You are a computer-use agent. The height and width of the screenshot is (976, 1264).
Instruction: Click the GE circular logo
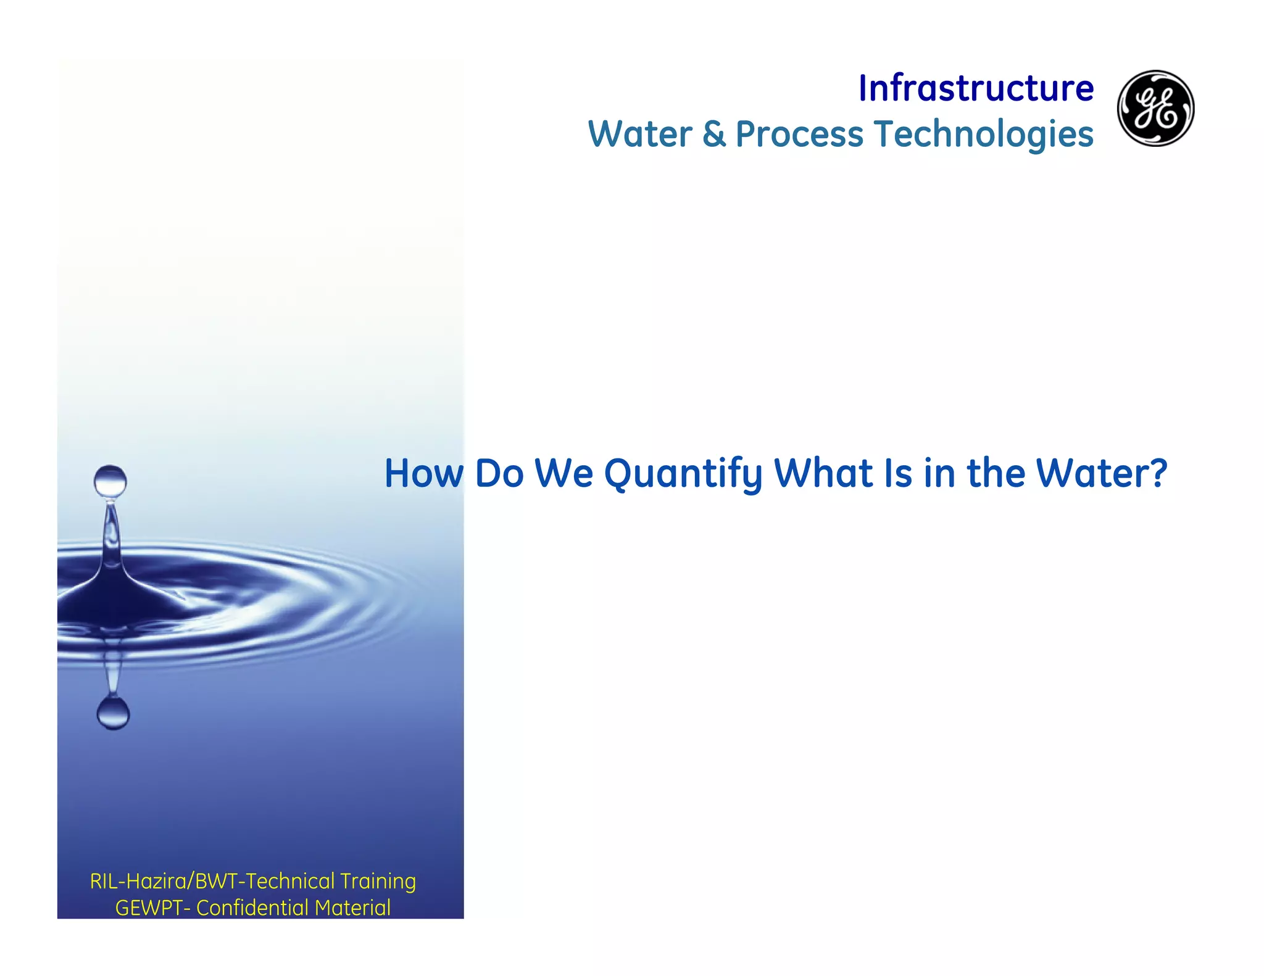coord(1155,108)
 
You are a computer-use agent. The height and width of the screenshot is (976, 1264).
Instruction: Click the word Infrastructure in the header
coord(976,88)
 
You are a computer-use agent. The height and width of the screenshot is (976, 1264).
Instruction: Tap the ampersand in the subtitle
coord(714,134)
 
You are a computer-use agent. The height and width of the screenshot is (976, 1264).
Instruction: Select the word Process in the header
coord(799,134)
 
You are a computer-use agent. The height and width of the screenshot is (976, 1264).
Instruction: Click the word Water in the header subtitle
coord(640,134)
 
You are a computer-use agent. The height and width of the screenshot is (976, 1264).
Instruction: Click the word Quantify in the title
coord(683,474)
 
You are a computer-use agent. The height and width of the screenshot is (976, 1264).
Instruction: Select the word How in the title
coord(423,474)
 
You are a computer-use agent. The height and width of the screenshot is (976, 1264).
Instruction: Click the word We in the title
coord(563,473)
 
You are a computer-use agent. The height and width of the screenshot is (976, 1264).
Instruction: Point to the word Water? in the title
coord(1101,473)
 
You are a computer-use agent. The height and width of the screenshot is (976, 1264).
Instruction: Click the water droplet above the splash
coord(110,481)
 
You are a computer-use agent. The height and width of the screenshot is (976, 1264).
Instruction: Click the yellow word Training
coord(378,882)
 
